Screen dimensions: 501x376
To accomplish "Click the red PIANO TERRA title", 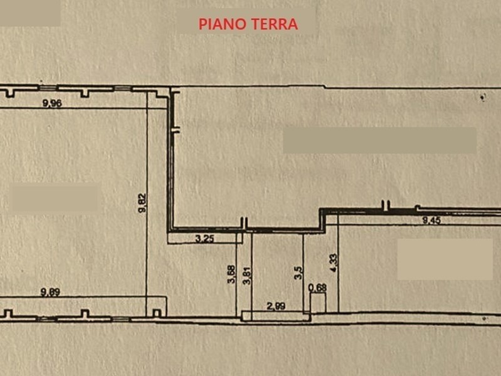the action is click(248, 24).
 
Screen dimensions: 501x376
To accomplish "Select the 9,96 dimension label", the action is click(52, 103).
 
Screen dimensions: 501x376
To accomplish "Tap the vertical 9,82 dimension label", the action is click(142, 202).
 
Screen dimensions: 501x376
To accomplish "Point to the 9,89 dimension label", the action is click(51, 292).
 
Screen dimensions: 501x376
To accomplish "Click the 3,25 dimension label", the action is click(205, 239).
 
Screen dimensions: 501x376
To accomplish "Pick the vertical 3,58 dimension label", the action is click(231, 274).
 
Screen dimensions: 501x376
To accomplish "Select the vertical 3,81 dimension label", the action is click(247, 275).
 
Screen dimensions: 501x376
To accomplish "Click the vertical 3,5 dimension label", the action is click(299, 273).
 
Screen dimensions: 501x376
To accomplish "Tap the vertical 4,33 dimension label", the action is click(333, 263).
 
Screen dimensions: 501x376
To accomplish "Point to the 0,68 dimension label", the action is click(318, 288).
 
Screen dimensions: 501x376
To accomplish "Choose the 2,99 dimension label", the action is click(276, 306).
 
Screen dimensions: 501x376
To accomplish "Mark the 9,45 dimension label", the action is click(431, 221).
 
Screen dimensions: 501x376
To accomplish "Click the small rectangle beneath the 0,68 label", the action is click(318, 303).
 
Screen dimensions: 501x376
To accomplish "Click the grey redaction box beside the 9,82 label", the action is click(54, 198).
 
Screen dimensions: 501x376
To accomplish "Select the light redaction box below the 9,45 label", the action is click(445, 259).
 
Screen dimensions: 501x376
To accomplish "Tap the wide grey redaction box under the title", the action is click(380, 140).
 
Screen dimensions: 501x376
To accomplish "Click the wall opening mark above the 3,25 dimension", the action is click(244, 223).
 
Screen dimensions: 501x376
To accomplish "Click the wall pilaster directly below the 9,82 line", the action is click(157, 313).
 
